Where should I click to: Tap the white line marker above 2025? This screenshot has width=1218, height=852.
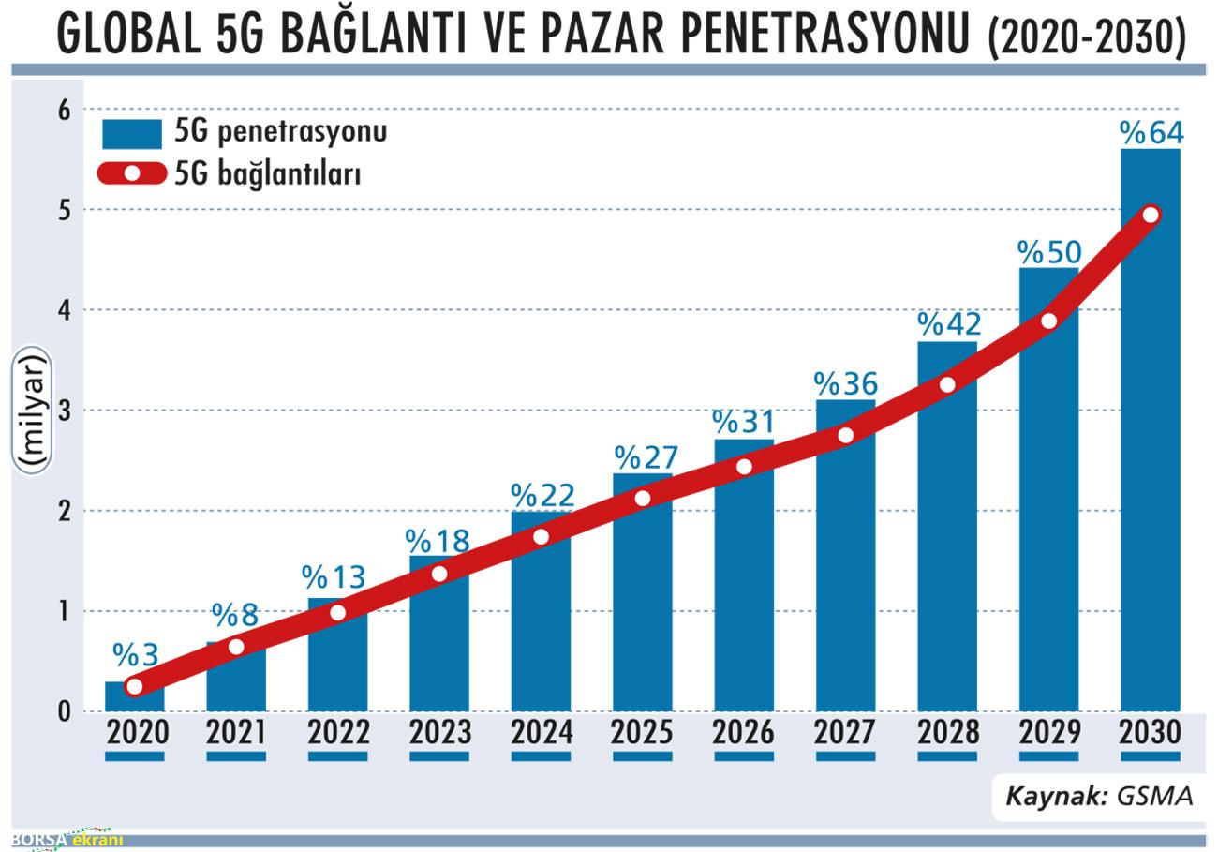pyautogui.click(x=642, y=498)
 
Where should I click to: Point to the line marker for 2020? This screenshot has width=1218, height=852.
pyautogui.click(x=134, y=686)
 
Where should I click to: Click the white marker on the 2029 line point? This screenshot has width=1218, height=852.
pyautogui.click(x=1048, y=321)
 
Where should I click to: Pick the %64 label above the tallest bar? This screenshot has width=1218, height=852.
pyautogui.click(x=1151, y=133)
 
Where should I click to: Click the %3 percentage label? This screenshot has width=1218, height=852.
pyautogui.click(x=135, y=653)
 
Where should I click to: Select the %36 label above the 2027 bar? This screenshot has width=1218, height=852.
pyautogui.click(x=845, y=383)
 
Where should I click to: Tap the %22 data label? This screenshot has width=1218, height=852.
pyautogui.click(x=542, y=494)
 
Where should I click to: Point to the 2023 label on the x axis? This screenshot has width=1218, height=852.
pyautogui.click(x=439, y=732)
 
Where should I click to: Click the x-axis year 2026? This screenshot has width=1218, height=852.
pyautogui.click(x=744, y=732)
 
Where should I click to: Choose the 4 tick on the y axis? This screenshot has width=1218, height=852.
pyautogui.click(x=64, y=310)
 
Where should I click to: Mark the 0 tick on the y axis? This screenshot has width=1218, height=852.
pyautogui.click(x=64, y=711)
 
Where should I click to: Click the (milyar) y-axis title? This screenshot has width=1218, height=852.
pyautogui.click(x=33, y=410)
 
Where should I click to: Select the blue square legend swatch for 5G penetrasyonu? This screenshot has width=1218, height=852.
pyautogui.click(x=131, y=133)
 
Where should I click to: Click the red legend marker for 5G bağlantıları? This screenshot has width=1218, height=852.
pyautogui.click(x=132, y=173)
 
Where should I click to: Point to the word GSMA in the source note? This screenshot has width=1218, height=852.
pyautogui.click(x=1154, y=796)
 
